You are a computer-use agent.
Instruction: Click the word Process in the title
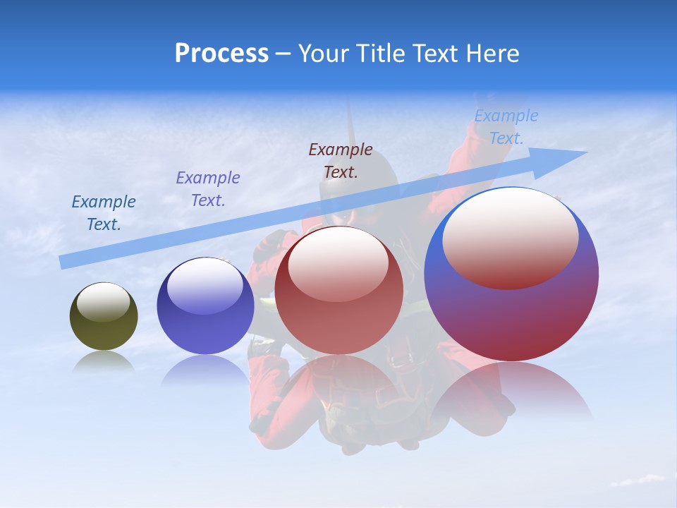[221, 54]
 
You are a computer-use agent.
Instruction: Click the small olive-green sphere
[104, 325]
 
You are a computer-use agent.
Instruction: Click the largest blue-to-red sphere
[511, 317]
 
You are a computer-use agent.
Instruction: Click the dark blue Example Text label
[104, 212]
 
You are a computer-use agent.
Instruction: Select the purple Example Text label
[208, 188]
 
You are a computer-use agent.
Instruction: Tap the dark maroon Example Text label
[341, 160]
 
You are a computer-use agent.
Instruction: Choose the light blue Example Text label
[506, 127]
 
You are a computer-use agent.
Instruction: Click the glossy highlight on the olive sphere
[104, 301]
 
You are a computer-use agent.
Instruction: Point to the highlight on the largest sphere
[510, 236]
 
